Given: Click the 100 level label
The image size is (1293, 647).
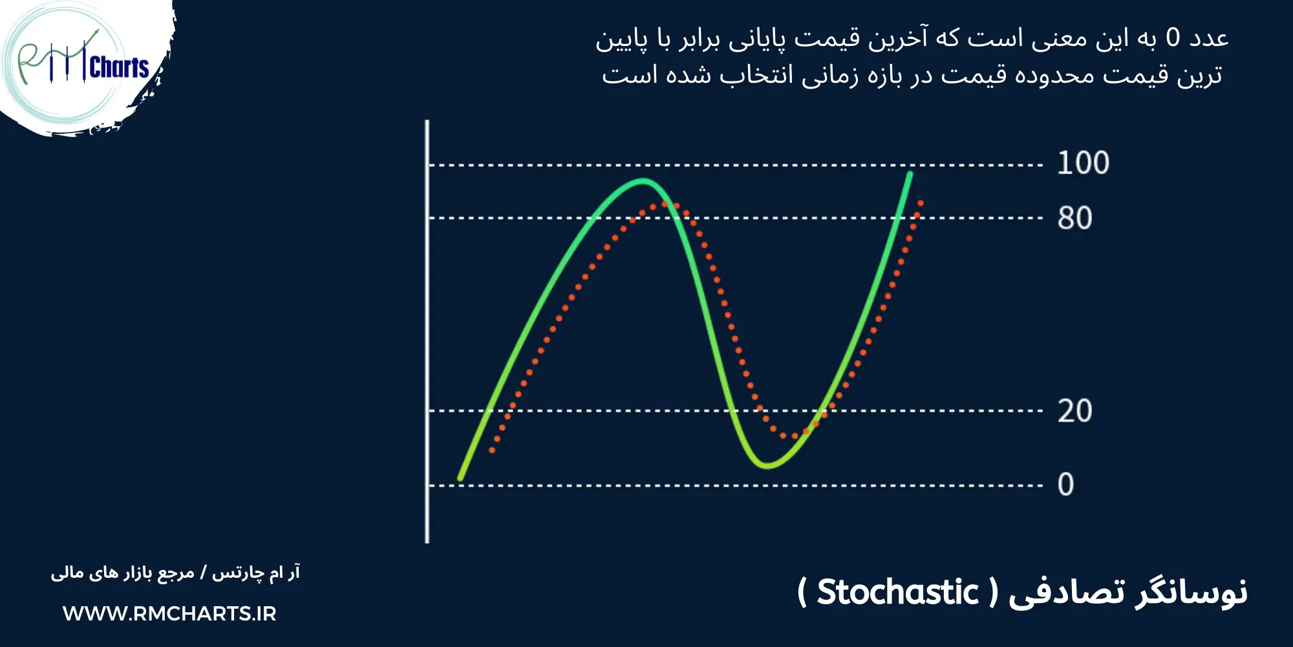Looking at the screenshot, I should pyautogui.click(x=1083, y=163).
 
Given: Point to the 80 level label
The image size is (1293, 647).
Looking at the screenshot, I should pyautogui.click(x=1074, y=219).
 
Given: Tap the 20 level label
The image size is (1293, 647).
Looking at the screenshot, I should pyautogui.click(x=1074, y=411).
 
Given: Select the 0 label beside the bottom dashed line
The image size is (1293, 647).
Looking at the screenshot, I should pyautogui.click(x=1065, y=485).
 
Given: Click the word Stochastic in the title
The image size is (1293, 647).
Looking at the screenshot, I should pyautogui.click(x=897, y=593).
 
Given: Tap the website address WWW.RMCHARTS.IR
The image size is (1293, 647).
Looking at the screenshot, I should pyautogui.click(x=169, y=613).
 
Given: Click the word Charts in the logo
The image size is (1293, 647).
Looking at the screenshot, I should pyautogui.click(x=120, y=67).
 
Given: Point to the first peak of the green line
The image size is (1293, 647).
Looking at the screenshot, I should pyautogui.click(x=643, y=181).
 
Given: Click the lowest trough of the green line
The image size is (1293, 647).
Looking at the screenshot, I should pyautogui.click(x=767, y=465).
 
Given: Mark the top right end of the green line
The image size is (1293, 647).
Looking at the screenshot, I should pyautogui.click(x=910, y=173).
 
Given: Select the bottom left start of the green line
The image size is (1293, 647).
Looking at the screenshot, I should pyautogui.click(x=460, y=478).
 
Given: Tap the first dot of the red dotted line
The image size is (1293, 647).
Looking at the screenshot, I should pyautogui.click(x=492, y=450).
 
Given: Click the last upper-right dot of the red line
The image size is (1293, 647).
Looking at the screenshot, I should pyautogui.click(x=920, y=203).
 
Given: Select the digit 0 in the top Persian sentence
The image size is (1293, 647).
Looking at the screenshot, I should pyautogui.click(x=1173, y=38).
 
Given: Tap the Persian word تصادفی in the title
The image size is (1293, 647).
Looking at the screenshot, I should pyautogui.click(x=1067, y=593).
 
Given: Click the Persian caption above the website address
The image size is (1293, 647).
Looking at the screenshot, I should pyautogui.click(x=175, y=573).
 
